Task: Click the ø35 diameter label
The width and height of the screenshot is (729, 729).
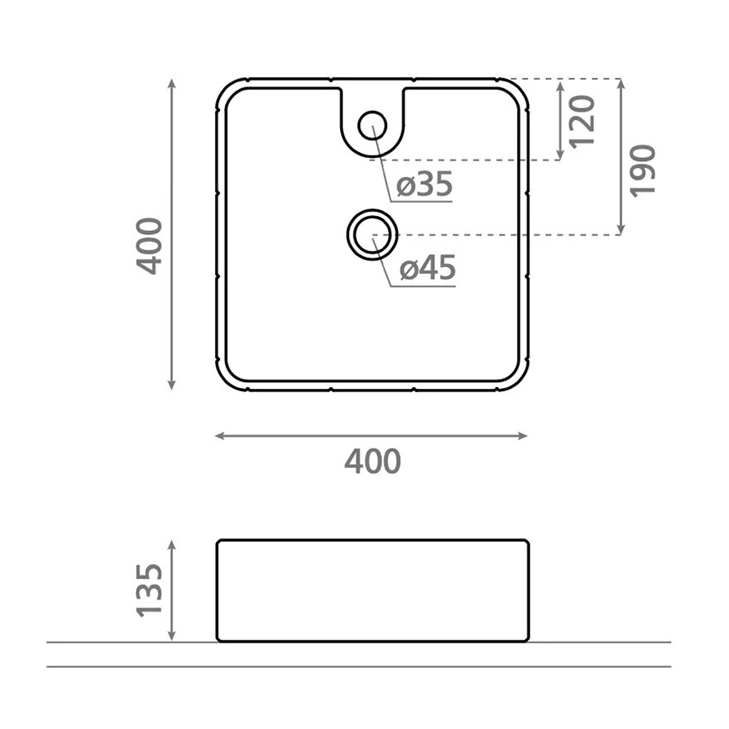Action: pos(424,184)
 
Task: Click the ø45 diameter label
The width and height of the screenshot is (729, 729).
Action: pos(427,268)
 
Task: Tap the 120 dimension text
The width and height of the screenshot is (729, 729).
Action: pos(582,121)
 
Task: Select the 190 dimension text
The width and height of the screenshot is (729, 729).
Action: pos(643,170)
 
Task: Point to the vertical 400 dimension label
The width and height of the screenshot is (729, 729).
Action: pos(149,246)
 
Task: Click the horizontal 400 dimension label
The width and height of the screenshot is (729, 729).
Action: pos(372,461)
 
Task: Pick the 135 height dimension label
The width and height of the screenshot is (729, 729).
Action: pos(149,590)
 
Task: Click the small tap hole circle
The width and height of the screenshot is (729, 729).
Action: pos(372,125)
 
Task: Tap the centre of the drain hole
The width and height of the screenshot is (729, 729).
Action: pos(373,234)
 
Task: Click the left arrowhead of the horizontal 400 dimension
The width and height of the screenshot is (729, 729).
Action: pos(219,436)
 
